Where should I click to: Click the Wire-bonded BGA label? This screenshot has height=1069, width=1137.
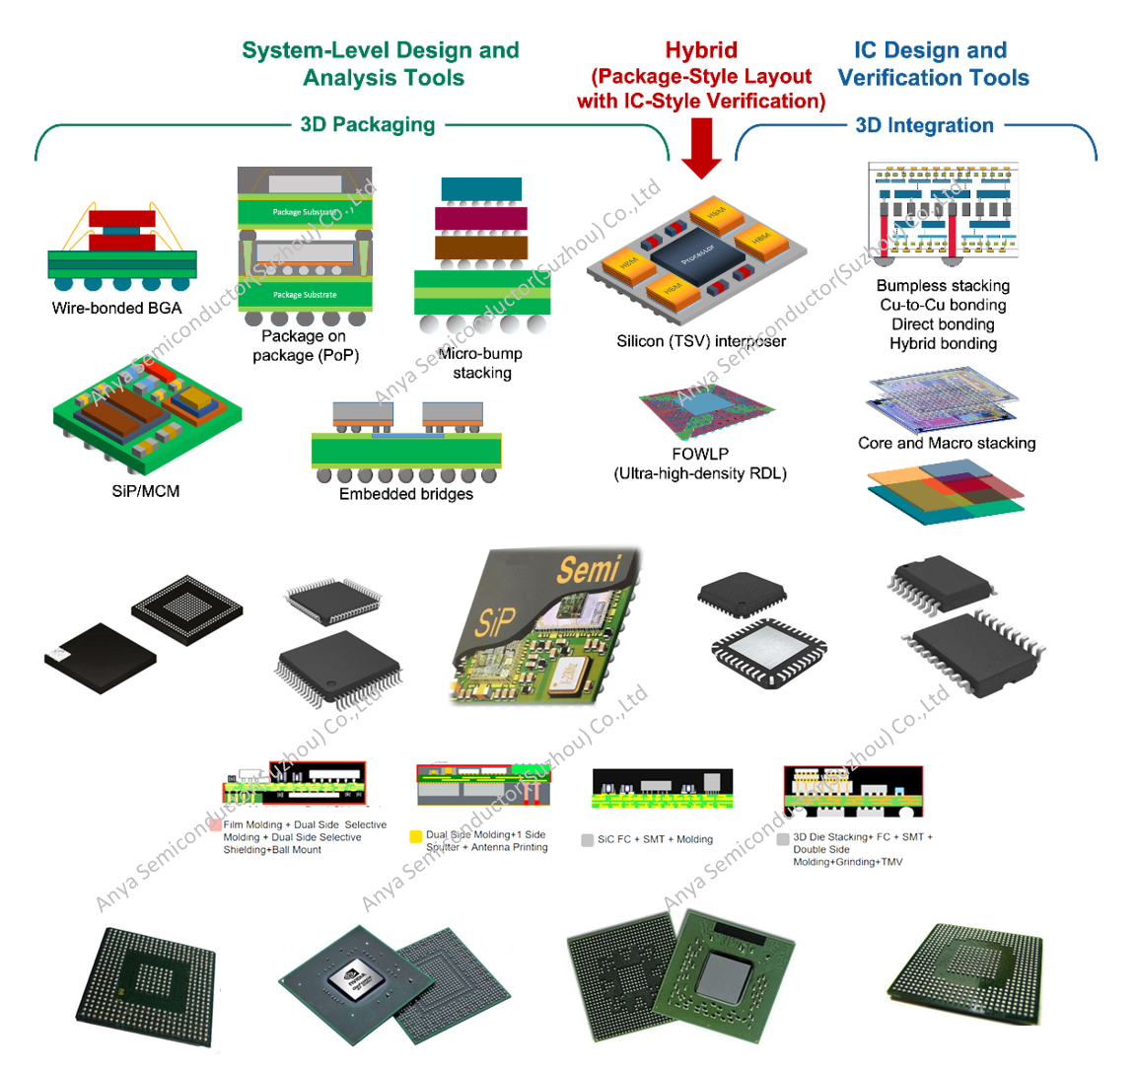(116, 308)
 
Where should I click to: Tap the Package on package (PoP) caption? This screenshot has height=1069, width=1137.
(305, 346)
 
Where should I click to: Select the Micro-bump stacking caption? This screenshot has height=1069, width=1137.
(481, 363)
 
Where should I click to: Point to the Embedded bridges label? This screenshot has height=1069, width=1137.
(405, 494)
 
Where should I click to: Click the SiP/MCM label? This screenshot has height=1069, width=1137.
(146, 491)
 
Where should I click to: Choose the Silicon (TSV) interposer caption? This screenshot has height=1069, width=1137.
(701, 341)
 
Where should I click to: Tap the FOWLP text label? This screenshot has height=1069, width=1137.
(700, 455)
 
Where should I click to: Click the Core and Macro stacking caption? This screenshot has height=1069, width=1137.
(947, 443)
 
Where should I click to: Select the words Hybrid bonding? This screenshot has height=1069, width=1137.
(943, 343)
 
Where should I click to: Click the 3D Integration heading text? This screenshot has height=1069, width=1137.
(924, 125)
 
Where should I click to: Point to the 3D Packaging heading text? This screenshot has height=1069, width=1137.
(368, 124)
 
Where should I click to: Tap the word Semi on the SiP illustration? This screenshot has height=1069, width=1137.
(589, 569)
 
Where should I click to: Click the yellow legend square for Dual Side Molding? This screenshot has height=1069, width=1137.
(416, 836)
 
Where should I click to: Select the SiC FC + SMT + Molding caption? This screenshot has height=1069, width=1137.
(655, 839)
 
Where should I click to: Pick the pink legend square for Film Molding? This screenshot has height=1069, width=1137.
(215, 824)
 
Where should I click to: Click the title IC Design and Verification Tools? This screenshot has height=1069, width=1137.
(932, 64)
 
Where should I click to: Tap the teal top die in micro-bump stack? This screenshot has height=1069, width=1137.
(481, 189)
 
